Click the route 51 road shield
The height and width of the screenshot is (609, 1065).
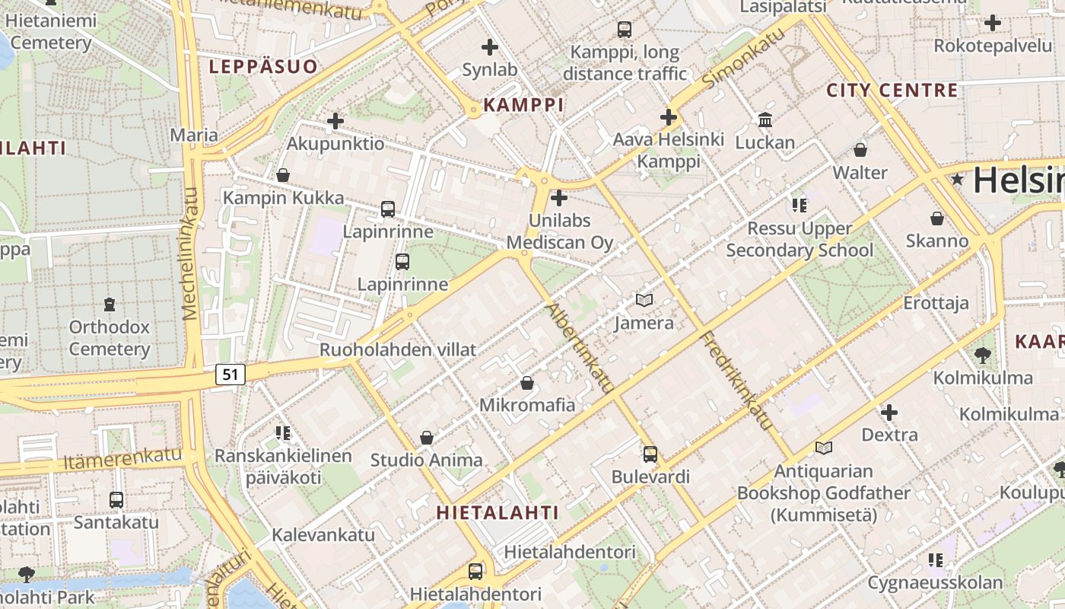click(231, 374)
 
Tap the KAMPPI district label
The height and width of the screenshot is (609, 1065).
click(524, 105)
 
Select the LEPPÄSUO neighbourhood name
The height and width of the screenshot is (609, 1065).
click(263, 67)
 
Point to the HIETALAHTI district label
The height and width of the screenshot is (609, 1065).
click(498, 512)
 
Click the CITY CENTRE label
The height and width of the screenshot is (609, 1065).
click(892, 91)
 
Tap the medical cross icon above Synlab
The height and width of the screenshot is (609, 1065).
click(490, 47)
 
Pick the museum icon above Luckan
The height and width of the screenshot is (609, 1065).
click(765, 120)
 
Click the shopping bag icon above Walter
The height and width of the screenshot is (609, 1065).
click(860, 149)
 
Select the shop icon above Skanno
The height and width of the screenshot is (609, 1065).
click(937, 218)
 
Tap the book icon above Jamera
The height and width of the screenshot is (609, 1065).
click(644, 300)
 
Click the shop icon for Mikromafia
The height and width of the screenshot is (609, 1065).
click(526, 382)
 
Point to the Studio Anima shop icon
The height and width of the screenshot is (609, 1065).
click(427, 438)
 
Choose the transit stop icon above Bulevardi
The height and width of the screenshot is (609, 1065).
click(650, 454)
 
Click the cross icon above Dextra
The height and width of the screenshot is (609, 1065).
click(889, 413)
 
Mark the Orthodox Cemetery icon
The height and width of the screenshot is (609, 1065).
click(110, 304)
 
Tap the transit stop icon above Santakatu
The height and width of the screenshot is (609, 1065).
click(116, 499)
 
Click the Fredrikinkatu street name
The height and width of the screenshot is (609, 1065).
click(736, 381)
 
